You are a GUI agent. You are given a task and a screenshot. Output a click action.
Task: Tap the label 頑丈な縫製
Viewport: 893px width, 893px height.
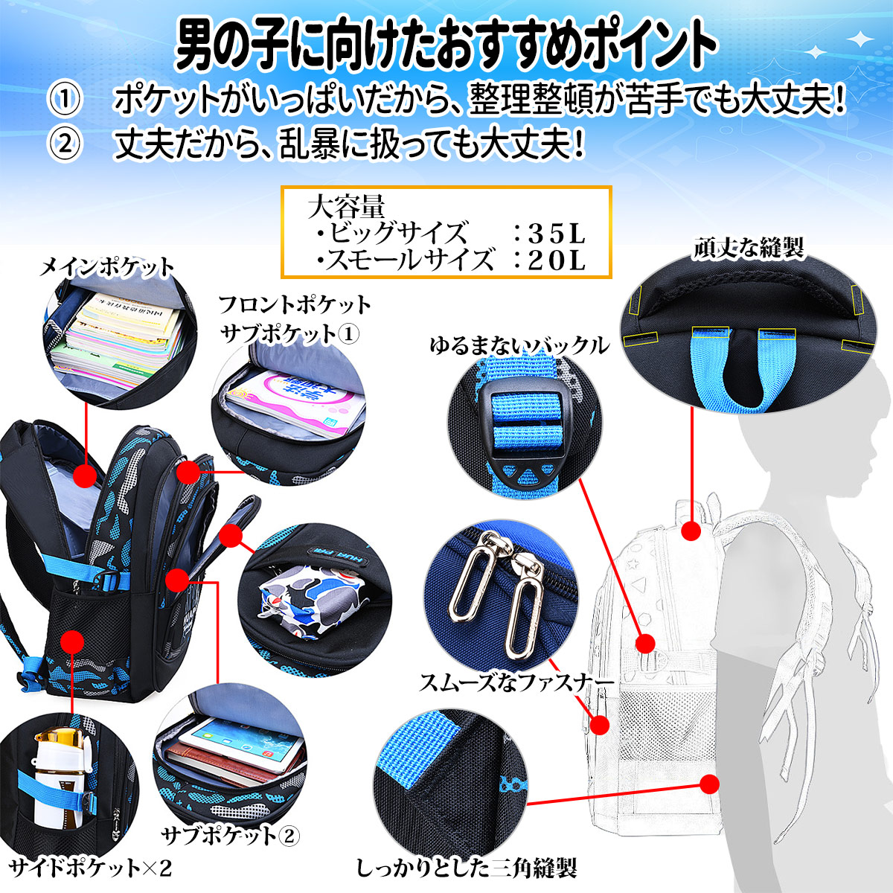tap(749, 248)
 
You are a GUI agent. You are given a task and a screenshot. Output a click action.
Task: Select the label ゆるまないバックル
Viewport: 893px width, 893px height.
tap(519, 345)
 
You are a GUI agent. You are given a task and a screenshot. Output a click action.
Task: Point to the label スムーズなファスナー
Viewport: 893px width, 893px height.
tap(516, 682)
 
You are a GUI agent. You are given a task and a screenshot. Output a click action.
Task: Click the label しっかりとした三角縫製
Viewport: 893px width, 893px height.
tap(467, 867)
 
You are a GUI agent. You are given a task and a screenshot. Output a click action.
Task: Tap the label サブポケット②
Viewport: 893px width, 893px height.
tap(231, 835)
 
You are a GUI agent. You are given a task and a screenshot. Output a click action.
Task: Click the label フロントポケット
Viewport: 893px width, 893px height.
tap(295, 304)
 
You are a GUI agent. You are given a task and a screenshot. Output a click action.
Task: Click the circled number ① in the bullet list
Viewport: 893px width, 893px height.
tap(65, 100)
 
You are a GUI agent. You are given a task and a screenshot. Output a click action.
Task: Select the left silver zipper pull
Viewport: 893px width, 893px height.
tap(467, 577)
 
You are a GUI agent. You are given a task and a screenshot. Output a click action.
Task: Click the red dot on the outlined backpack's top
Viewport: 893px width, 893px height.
tap(691, 531)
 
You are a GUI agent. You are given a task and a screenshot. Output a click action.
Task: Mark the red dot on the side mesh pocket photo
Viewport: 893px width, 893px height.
tap(72, 641)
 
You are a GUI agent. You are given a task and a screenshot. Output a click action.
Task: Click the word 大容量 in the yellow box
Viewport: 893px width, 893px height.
tap(346, 206)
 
